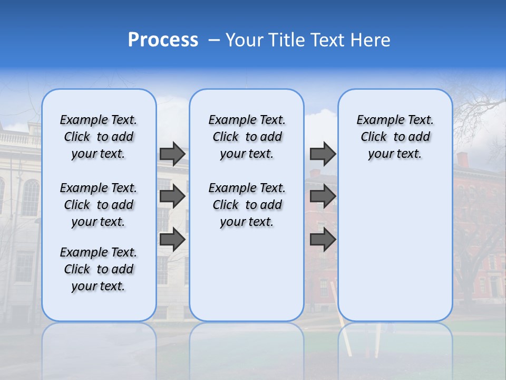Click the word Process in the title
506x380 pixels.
click(163, 40)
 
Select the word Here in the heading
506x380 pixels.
click(370, 40)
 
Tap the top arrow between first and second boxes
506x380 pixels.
click(172, 154)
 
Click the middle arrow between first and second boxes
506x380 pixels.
click(172, 197)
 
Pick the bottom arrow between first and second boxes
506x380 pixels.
click(172, 240)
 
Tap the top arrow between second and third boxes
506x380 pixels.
click(323, 154)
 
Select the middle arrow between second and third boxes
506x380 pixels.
click(323, 197)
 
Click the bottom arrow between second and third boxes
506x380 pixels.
click(323, 240)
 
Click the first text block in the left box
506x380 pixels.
click(98, 137)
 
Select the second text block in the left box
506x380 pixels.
click(98, 205)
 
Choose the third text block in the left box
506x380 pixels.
click(98, 269)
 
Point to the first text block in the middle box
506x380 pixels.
click(247, 137)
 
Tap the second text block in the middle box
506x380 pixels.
click(247, 205)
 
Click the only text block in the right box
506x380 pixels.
click(395, 137)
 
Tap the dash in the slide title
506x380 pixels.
click(214, 40)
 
